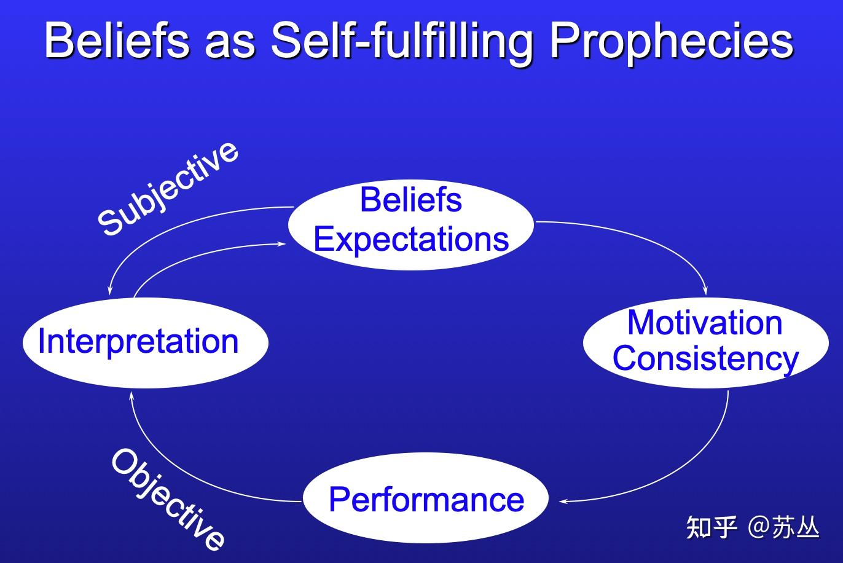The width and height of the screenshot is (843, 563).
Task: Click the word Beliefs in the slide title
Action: click(x=117, y=40)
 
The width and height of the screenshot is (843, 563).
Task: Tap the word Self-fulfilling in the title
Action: click(x=402, y=42)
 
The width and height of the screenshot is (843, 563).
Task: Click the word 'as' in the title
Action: click(x=230, y=46)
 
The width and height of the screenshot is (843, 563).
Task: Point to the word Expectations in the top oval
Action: click(x=411, y=240)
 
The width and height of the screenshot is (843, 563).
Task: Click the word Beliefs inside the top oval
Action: click(x=411, y=200)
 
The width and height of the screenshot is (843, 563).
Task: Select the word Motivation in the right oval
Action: click(x=705, y=323)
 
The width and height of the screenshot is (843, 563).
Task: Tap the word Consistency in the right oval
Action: click(x=705, y=358)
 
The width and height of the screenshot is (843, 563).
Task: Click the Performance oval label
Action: click(x=426, y=500)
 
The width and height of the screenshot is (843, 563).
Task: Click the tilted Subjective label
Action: click(x=168, y=189)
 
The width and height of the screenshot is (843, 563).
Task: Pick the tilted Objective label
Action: click(x=168, y=500)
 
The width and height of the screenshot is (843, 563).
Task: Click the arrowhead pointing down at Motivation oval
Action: click(x=705, y=291)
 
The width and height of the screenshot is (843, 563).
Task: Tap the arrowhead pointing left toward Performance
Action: click(x=564, y=502)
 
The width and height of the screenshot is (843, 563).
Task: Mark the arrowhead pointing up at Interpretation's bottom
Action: click(x=131, y=396)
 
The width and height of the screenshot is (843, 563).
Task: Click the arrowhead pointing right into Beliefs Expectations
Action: click(x=282, y=244)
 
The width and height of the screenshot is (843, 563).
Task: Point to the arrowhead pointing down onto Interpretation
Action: click(x=109, y=291)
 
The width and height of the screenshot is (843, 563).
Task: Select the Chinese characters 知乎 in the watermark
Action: click(x=712, y=527)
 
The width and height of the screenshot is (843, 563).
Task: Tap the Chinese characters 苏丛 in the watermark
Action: click(x=795, y=527)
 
